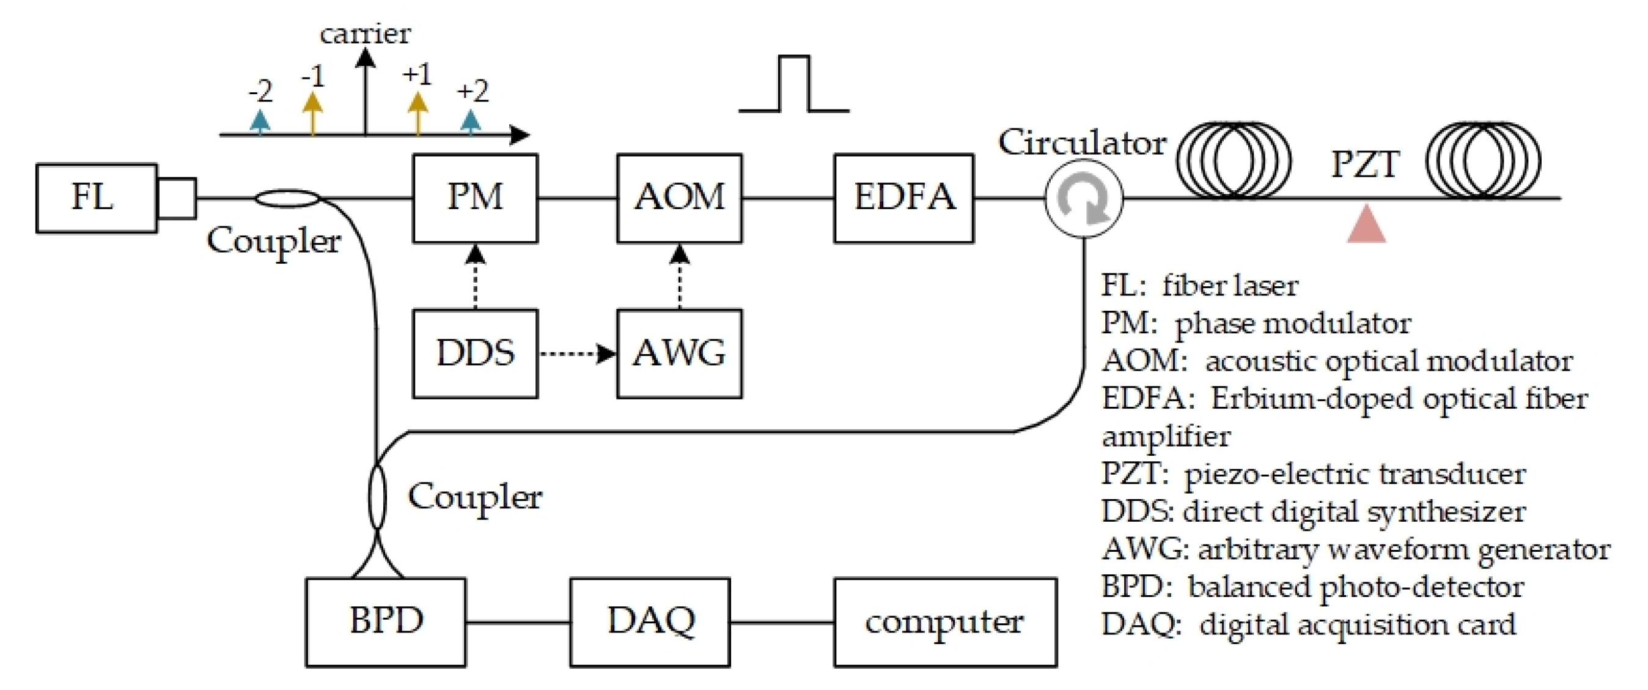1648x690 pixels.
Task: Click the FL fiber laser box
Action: pos(97,198)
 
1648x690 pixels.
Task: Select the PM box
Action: pos(475,198)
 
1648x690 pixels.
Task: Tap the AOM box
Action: pos(679,198)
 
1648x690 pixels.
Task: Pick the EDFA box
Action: pos(903,198)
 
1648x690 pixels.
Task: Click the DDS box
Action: pos(475,354)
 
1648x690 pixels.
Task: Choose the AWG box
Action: pos(679,354)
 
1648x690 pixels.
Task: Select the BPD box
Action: pos(385,621)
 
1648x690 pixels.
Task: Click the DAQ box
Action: pos(649,621)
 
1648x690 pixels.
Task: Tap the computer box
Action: pos(944,621)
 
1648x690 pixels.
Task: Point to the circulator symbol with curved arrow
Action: pos(1083,199)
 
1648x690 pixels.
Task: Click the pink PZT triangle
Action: pos(1366,225)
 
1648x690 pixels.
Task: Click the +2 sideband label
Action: pos(472,92)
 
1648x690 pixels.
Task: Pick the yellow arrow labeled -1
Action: pos(312,113)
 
